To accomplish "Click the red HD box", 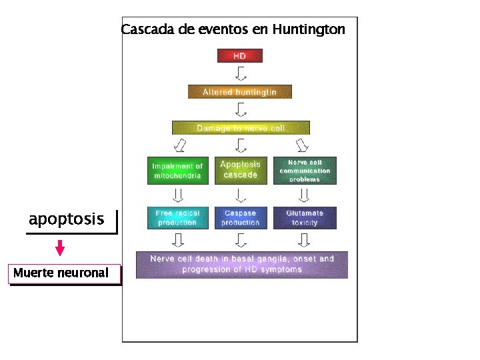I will point(240,55).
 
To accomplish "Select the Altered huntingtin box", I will point(240,91).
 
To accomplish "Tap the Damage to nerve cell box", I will point(241,127).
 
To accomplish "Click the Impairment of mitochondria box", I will point(177,171).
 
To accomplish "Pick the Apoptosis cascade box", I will point(241,170).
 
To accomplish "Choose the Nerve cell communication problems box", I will point(305,171).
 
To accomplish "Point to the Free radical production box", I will point(177,218).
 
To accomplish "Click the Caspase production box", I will point(241,218).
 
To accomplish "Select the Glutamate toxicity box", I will point(305,218).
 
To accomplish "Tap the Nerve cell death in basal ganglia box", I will point(241,264).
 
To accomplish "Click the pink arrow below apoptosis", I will point(60,248).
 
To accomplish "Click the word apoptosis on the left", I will point(66,219).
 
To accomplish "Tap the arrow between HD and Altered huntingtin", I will point(241,73).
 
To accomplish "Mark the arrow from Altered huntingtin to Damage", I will point(241,109).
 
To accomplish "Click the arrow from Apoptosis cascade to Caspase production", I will point(241,194).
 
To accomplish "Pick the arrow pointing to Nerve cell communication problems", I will point(303,145).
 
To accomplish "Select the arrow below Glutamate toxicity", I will point(305,239).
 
